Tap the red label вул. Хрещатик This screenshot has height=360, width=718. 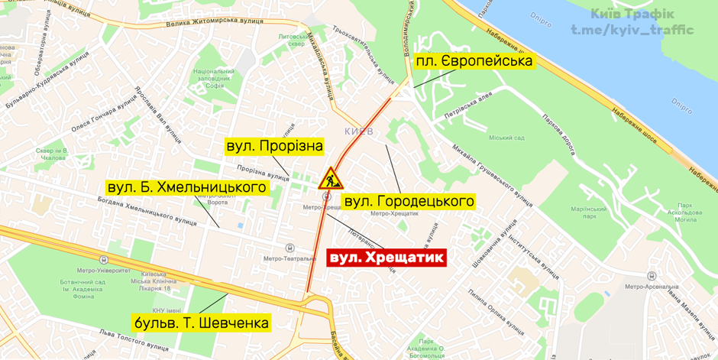click(x=386, y=258)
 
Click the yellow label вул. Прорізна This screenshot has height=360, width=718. click(x=274, y=145)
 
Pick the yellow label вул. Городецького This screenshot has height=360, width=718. click(x=409, y=202)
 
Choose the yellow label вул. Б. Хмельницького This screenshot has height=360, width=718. click(x=186, y=187)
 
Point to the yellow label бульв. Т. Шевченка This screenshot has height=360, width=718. click(x=201, y=323)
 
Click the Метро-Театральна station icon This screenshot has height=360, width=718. click(x=289, y=248)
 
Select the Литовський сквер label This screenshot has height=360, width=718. click(x=292, y=40)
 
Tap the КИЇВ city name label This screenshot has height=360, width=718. click(x=358, y=132)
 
